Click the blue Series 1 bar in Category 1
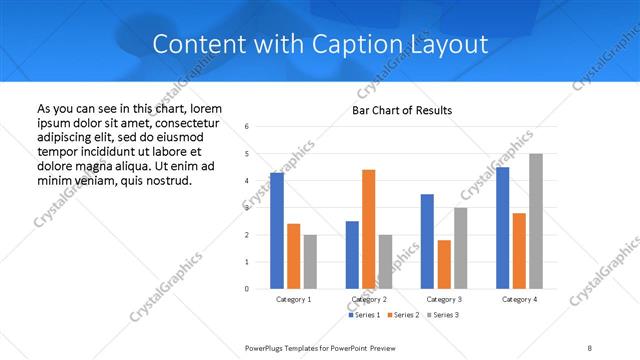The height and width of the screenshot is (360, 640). [277, 231]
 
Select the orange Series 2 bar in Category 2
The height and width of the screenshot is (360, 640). [368, 229]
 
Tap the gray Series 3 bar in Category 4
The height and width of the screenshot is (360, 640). [536, 221]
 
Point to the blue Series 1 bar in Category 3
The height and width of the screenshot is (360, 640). [427, 241]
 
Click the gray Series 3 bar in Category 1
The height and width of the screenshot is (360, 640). [310, 262]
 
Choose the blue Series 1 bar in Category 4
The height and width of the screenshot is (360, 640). [502, 228]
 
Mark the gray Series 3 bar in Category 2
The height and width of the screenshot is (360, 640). [385, 262]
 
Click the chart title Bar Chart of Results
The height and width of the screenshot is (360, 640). [402, 110]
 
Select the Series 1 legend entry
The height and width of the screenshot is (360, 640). [364, 315]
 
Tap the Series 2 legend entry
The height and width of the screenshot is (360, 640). [402, 315]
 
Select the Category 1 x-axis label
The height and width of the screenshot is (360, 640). [293, 299]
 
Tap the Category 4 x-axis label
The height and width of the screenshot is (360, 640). [519, 299]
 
